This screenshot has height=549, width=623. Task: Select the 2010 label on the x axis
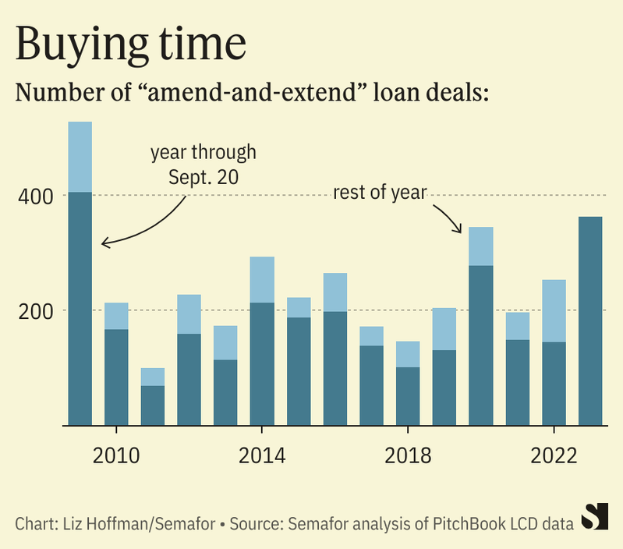116,455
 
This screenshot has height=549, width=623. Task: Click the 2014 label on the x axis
261,455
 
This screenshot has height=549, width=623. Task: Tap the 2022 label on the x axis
553,455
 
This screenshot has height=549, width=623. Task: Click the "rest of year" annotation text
380,193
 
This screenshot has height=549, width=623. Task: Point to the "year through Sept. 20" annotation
204,164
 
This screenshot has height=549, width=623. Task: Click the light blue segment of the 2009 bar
80,157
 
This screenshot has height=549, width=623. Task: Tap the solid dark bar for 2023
589,321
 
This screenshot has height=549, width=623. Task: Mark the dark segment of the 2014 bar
262,363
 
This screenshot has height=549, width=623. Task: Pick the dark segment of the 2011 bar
153,406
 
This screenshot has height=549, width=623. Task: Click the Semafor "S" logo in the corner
596,518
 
